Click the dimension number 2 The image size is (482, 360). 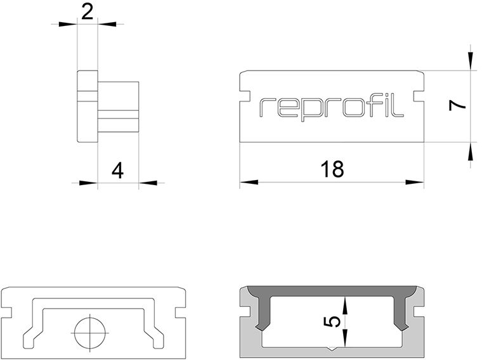[x=88, y=13]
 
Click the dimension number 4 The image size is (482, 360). [x=118, y=171]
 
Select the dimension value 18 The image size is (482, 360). [x=332, y=169]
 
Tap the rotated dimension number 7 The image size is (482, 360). [x=458, y=106]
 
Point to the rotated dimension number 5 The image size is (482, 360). [x=332, y=321]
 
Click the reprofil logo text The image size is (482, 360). [x=331, y=108]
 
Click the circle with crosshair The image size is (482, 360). [x=90, y=333]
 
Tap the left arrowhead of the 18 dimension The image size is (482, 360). [x=249, y=182]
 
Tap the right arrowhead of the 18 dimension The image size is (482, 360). [x=415, y=182]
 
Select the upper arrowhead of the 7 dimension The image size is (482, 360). [x=471, y=61]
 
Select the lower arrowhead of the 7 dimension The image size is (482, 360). [x=471, y=151]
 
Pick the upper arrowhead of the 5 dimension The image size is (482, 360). [x=345, y=305]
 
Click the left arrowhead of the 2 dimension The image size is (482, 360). [x=68, y=24]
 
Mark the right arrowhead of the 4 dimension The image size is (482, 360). [x=148, y=183]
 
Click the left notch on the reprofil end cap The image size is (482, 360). [x=245, y=96]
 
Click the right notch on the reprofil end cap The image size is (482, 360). [x=419, y=96]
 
